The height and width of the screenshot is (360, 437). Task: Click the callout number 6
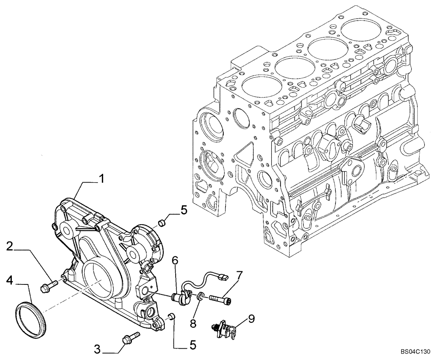click(175, 261)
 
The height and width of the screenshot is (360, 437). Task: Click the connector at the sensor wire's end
click(223, 277)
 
